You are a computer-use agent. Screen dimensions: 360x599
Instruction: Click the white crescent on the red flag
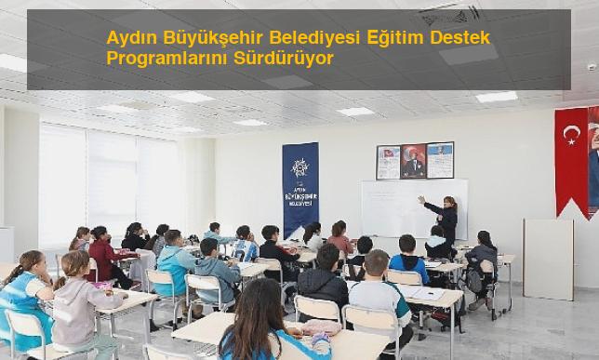[570, 136]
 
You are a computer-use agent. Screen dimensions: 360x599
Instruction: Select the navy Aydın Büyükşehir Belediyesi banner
[300, 189]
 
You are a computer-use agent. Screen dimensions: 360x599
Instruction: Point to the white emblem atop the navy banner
[300, 167]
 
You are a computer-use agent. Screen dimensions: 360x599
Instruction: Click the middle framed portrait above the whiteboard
[413, 161]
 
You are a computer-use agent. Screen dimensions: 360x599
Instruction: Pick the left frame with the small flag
[388, 162]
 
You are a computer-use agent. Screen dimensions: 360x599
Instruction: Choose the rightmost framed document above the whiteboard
[439, 160]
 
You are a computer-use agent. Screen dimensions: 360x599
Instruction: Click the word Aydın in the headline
[129, 39]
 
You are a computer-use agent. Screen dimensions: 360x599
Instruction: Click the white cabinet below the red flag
[548, 259]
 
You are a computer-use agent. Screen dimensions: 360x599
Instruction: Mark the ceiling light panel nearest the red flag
[497, 96]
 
